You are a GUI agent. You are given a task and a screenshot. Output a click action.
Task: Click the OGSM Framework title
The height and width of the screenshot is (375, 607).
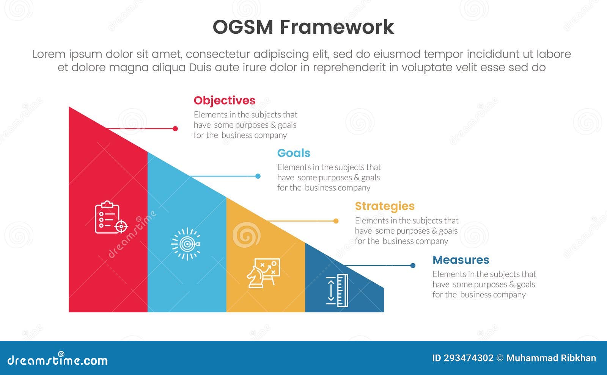(303, 27)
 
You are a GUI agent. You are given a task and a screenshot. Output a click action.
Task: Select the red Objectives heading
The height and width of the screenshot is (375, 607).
(224, 100)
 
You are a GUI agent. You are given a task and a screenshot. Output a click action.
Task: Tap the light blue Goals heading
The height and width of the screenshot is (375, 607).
(293, 153)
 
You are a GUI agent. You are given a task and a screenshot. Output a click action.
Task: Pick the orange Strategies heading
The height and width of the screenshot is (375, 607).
(384, 206)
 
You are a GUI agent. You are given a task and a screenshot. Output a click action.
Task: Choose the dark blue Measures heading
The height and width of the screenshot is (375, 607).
(461, 260)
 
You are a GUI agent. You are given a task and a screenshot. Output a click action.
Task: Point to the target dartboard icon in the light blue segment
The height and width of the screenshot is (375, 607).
(186, 244)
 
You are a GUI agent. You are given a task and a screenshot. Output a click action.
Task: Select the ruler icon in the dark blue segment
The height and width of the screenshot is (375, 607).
(337, 291)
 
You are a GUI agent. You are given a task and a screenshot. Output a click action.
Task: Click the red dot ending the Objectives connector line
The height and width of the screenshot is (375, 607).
(175, 129)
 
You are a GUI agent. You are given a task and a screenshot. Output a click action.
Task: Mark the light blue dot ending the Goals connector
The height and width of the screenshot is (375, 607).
(258, 176)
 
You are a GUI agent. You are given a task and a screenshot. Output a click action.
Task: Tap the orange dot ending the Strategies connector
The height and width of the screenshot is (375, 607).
(336, 221)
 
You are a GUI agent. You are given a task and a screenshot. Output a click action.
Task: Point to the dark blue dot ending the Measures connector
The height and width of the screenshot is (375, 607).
(413, 266)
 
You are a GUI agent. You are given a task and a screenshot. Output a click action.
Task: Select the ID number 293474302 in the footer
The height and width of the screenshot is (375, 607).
(469, 358)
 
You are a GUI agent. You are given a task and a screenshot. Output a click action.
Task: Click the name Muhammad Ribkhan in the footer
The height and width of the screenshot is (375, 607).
(551, 358)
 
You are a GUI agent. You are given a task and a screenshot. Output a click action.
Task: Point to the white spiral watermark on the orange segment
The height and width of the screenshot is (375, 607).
(246, 235)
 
